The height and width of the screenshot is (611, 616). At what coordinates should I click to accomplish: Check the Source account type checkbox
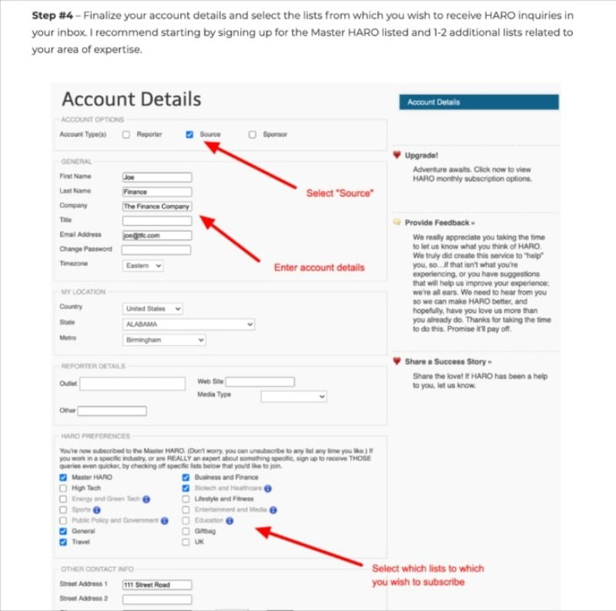(190, 134)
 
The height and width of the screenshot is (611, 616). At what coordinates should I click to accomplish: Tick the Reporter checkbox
(126, 134)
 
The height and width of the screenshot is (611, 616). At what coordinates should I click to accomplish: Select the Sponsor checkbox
(252, 134)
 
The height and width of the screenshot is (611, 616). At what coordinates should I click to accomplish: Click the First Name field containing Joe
(156, 177)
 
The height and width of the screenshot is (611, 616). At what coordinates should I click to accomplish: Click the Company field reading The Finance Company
(156, 206)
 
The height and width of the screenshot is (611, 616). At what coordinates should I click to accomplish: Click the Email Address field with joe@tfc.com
(156, 235)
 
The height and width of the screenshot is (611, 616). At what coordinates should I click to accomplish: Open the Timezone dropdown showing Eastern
(143, 265)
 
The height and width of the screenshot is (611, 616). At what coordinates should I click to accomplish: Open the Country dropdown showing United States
(152, 308)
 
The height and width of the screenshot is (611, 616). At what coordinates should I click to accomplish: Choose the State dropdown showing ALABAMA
(188, 324)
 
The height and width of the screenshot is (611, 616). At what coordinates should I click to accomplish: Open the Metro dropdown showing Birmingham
(164, 340)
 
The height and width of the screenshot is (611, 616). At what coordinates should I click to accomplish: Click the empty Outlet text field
(132, 383)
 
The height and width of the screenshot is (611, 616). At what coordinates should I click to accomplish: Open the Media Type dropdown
(293, 396)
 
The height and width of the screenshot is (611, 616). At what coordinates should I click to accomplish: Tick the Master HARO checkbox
(63, 478)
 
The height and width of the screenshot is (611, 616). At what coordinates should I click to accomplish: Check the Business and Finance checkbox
(186, 478)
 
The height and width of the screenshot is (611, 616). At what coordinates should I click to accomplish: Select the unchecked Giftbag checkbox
(186, 532)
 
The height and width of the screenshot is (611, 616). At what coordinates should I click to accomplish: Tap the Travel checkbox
(63, 542)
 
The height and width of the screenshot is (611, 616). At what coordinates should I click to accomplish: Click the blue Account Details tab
(478, 102)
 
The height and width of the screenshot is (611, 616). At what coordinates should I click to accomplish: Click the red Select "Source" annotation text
(339, 193)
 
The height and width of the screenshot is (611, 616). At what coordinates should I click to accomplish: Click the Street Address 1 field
(156, 585)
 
